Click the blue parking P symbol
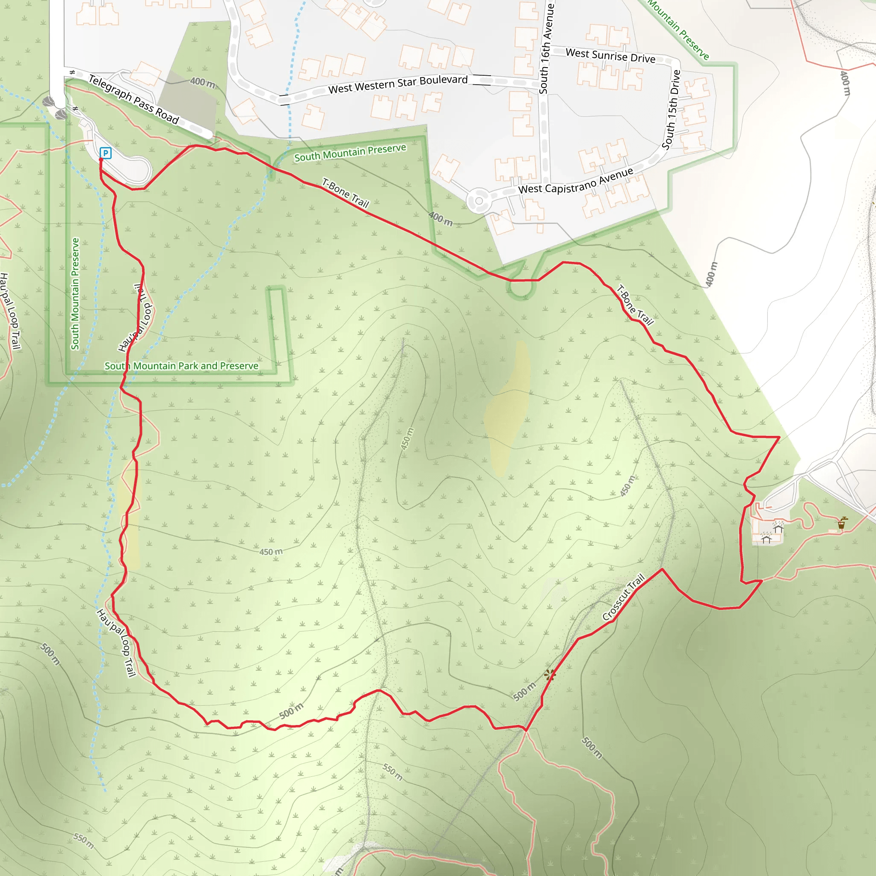[106, 153]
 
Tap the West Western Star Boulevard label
[398, 84]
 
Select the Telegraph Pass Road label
[134, 99]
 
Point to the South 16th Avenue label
[547, 48]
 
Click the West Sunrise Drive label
[610, 56]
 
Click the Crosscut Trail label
[624, 597]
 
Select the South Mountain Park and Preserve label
[181, 366]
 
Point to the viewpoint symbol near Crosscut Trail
[550, 675]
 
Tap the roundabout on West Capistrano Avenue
[479, 201]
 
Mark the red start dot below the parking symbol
[101, 160]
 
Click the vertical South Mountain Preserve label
[75, 294]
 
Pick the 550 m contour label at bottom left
[84, 840]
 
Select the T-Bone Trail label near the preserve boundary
[346, 193]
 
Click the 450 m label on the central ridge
[407, 438]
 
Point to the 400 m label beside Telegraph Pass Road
[202, 82]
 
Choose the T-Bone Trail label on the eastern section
[635, 305]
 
